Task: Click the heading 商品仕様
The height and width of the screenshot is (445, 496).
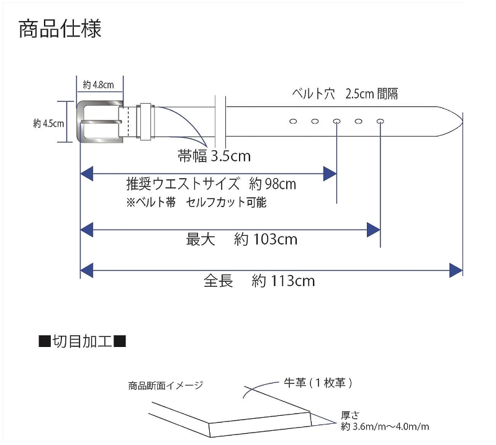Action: coord(60,29)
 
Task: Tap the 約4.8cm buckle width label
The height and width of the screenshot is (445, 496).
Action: coord(98,85)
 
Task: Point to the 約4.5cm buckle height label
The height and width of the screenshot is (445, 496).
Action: coord(48,124)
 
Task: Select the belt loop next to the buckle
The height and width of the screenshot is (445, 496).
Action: coord(145,120)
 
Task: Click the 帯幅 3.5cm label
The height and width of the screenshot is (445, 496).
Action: coord(214,157)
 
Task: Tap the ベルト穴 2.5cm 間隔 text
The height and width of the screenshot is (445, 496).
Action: coord(345,94)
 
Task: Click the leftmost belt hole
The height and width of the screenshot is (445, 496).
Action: coord(293,121)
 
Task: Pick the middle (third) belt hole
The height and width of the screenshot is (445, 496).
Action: coord(336,121)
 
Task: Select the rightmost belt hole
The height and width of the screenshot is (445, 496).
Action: coord(380,121)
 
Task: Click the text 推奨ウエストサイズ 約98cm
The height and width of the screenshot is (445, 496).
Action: coord(211,184)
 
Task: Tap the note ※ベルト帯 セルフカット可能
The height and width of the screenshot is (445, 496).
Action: coord(196,203)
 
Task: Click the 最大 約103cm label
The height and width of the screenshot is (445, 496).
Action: coord(241,239)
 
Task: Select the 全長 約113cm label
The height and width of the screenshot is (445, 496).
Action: coord(259,281)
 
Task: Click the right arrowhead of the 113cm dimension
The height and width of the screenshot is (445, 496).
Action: coord(456,270)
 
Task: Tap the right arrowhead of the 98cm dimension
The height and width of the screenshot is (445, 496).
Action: coord(330,174)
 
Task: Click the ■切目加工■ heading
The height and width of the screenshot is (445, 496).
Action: coord(83,341)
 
